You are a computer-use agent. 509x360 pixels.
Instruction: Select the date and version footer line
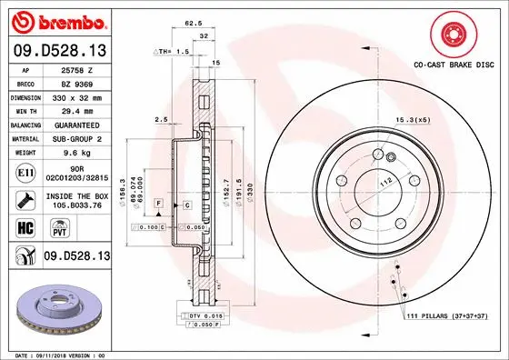pos(56,355)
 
